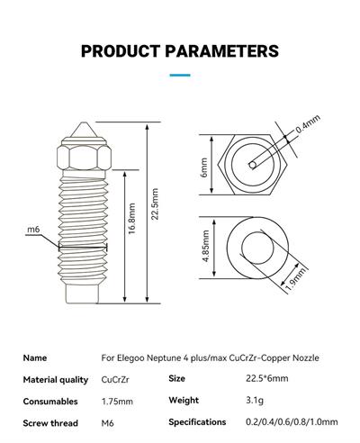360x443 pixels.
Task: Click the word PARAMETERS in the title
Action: pos(222,50)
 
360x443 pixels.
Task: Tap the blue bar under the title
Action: pos(180,75)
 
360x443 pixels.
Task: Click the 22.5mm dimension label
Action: pos(155,204)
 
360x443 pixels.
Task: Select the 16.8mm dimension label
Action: pos(132,219)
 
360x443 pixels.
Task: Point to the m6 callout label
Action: pos(33,230)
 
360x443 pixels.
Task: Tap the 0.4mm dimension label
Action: pos(308,123)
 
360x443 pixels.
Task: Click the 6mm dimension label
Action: pos(204,167)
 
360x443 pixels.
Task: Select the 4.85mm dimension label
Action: pos(206,246)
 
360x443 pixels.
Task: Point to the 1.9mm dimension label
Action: pos(296,279)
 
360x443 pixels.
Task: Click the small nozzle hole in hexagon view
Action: pos(253,165)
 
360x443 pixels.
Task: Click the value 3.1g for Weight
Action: pos(255,401)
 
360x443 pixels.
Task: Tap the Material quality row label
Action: pos(56,380)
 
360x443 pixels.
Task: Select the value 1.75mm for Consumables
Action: pos(117,402)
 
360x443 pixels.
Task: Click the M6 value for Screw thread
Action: pos(107,423)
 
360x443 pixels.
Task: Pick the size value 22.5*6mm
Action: pos(267,378)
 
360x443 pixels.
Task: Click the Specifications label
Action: pos(197,422)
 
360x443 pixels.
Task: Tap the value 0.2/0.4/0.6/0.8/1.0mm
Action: pos(292,422)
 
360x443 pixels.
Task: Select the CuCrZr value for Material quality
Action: pos(115,379)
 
